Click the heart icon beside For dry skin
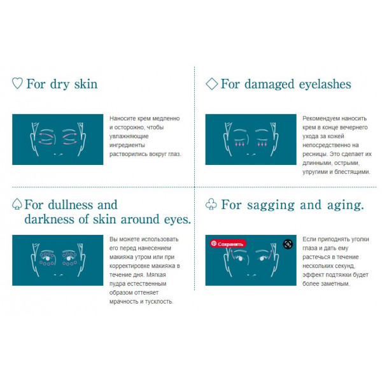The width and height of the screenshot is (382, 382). tap(17, 83)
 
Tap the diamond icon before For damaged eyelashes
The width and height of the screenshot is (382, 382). tap(212, 83)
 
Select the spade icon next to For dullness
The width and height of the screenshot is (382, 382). tap(17, 204)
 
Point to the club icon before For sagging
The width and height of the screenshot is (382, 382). tap(211, 204)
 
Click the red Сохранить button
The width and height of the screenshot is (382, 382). tap(228, 244)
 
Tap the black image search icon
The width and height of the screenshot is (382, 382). tap(288, 244)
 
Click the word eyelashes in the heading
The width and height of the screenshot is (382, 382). tap(325, 85)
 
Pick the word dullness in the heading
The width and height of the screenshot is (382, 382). tap(71, 205)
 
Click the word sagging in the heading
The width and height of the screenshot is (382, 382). tap(271, 206)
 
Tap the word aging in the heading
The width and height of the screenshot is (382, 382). tap(345, 206)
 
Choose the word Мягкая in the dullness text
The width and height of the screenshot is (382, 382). tap(156, 275)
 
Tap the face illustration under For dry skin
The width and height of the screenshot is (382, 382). tap(58, 139)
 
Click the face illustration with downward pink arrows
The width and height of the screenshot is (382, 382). tap(251, 139)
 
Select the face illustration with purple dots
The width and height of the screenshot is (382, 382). tap(58, 260)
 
